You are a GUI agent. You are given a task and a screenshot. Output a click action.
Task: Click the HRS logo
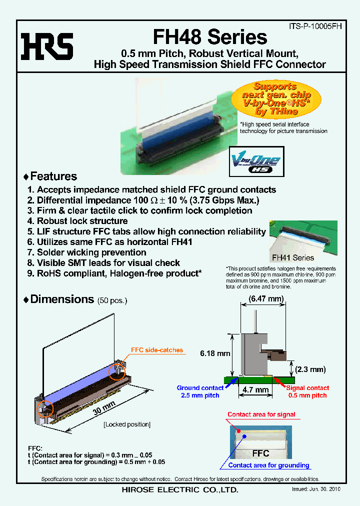[x=46, y=46]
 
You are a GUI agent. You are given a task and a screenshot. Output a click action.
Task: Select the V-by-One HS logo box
[x=256, y=161]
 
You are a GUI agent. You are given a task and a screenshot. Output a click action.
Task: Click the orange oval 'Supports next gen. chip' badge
[x=276, y=99]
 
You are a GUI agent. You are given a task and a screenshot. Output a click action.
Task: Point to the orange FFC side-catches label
[x=156, y=350]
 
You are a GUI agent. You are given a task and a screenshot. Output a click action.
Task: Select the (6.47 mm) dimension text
[x=266, y=299]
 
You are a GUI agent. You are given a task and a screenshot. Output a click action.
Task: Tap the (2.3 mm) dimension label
[x=310, y=369]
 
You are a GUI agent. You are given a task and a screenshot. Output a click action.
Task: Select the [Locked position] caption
[x=126, y=424]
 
